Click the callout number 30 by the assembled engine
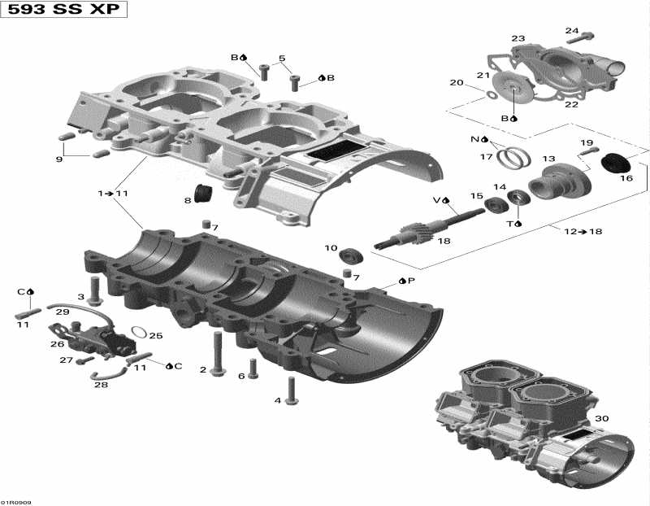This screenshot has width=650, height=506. (x=600, y=419)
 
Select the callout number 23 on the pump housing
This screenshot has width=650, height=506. (x=518, y=38)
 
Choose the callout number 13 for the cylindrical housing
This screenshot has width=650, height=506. (x=549, y=159)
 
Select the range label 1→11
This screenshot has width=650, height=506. (x=113, y=194)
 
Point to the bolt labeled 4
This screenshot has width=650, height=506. (x=291, y=392)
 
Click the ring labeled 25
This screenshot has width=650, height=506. (x=139, y=333)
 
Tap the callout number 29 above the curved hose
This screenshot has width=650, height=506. (x=63, y=312)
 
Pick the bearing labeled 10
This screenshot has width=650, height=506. (x=352, y=255)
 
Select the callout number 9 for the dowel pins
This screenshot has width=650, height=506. (x=59, y=159)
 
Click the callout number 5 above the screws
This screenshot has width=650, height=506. (x=282, y=59)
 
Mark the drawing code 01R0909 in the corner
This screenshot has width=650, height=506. (x=16, y=501)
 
